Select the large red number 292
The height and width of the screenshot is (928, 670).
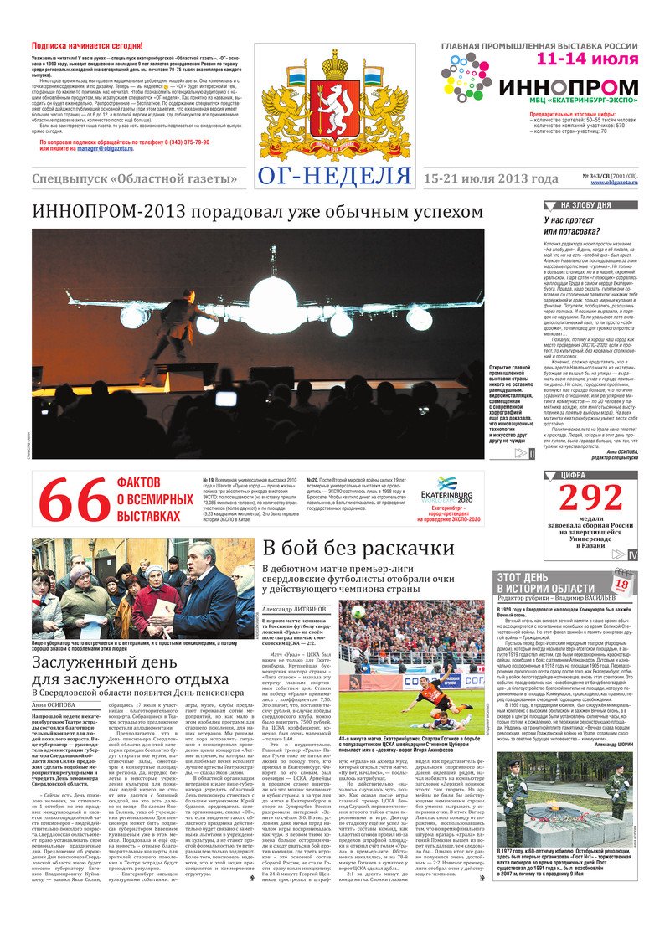pos(590,498)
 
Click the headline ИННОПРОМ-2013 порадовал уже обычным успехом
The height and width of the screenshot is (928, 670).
pos(257,213)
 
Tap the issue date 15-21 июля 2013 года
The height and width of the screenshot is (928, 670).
pos(490,179)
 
